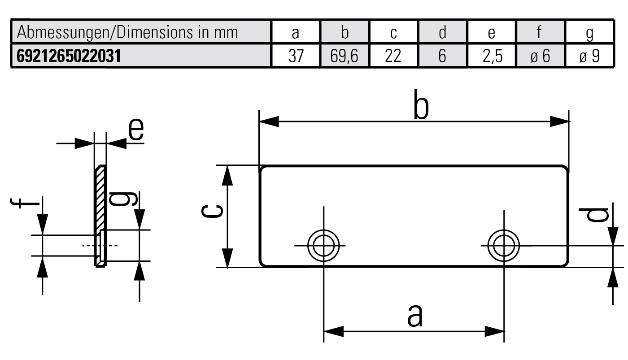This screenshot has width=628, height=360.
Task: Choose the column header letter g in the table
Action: tap(589, 33)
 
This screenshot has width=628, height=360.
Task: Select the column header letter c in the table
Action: tap(393, 33)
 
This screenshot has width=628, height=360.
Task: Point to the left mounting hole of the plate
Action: tap(323, 245)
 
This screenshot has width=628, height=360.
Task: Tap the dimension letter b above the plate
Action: tap(421, 108)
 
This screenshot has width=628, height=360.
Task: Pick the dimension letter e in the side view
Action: tap(136, 130)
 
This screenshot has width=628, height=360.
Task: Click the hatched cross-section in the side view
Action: tap(100, 202)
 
